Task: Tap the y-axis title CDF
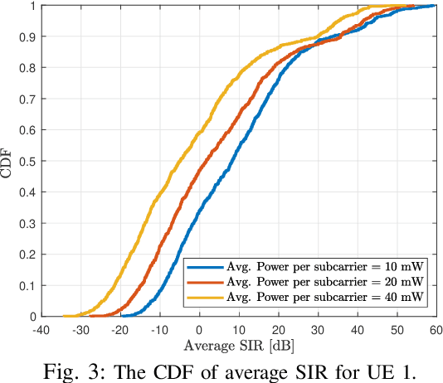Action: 7,162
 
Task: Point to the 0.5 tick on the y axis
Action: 27,162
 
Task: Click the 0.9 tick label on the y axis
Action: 27,37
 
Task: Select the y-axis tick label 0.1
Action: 27,286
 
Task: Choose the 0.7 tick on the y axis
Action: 27,99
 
